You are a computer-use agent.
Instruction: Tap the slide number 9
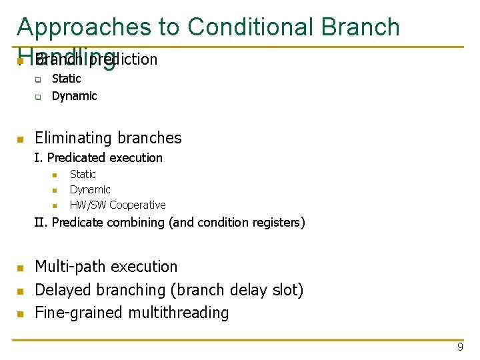pyautogui.click(x=460, y=347)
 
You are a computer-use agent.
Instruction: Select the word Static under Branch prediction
pyautogui.click(x=66, y=79)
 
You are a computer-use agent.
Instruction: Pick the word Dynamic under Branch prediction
pyautogui.click(x=74, y=96)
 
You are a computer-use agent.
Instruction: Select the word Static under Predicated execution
pyautogui.click(x=83, y=174)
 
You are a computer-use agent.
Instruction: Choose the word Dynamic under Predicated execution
pyautogui.click(x=90, y=189)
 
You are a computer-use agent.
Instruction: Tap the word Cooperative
pyautogui.click(x=137, y=205)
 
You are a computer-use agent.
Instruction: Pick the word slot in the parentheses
pyautogui.click(x=289, y=290)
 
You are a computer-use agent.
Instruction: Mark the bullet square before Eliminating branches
pyautogui.click(x=20, y=139)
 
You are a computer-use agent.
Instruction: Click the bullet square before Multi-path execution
pyautogui.click(x=20, y=268)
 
